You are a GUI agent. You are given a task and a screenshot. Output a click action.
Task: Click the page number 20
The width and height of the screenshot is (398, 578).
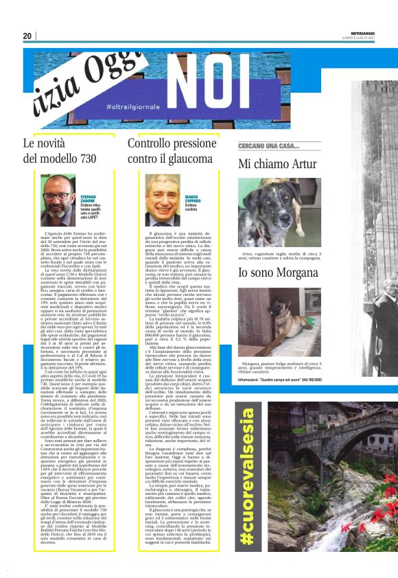tap(27, 36)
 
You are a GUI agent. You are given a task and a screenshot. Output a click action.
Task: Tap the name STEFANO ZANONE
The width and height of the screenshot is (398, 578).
tap(91, 198)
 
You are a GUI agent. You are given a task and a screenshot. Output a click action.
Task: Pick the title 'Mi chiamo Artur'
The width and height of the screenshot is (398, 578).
tap(277, 164)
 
